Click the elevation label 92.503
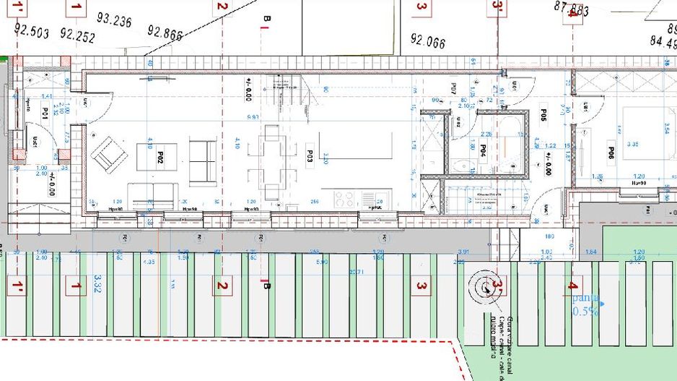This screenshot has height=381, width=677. (31, 31)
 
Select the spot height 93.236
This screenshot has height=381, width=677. (113, 22)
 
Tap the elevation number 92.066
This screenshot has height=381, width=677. (428, 40)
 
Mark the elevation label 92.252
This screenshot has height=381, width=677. (77, 34)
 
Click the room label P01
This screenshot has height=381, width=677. (45, 114)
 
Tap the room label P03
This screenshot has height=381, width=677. (309, 155)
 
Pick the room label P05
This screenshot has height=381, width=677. (543, 116)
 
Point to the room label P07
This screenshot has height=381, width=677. (454, 89)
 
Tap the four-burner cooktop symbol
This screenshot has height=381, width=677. (344, 198)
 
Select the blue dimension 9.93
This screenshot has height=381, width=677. (252, 116)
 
